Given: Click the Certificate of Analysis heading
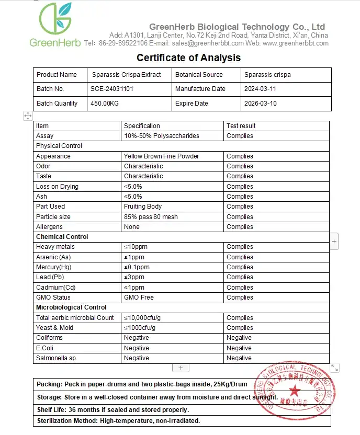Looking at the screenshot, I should pyautogui.click(x=188, y=58).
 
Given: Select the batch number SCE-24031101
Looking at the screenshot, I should pyautogui.click(x=112, y=89).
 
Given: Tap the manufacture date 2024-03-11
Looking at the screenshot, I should pyautogui.click(x=260, y=89).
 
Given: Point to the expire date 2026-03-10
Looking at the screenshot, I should pyautogui.click(x=260, y=104).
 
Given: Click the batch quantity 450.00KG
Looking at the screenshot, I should pyautogui.click(x=105, y=104).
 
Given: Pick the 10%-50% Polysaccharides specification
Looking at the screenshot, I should pyautogui.click(x=161, y=136).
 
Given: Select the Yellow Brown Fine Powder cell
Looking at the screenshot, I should pyautogui.click(x=161, y=156).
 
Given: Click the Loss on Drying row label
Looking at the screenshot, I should pyautogui.click(x=57, y=187).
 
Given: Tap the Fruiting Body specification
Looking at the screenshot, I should pyautogui.click(x=143, y=207).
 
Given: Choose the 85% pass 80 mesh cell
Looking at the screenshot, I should pyautogui.click(x=151, y=217).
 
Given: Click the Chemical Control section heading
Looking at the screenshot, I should pyautogui.click(x=62, y=237).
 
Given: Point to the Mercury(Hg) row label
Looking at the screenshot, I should pyautogui.click(x=53, y=267).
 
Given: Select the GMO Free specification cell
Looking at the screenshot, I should pyautogui.click(x=140, y=297).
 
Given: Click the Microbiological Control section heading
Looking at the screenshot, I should pyautogui.click(x=71, y=307).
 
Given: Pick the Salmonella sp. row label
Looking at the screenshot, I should pyautogui.click(x=57, y=358).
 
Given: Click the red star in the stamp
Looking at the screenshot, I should pyautogui.click(x=295, y=390).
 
